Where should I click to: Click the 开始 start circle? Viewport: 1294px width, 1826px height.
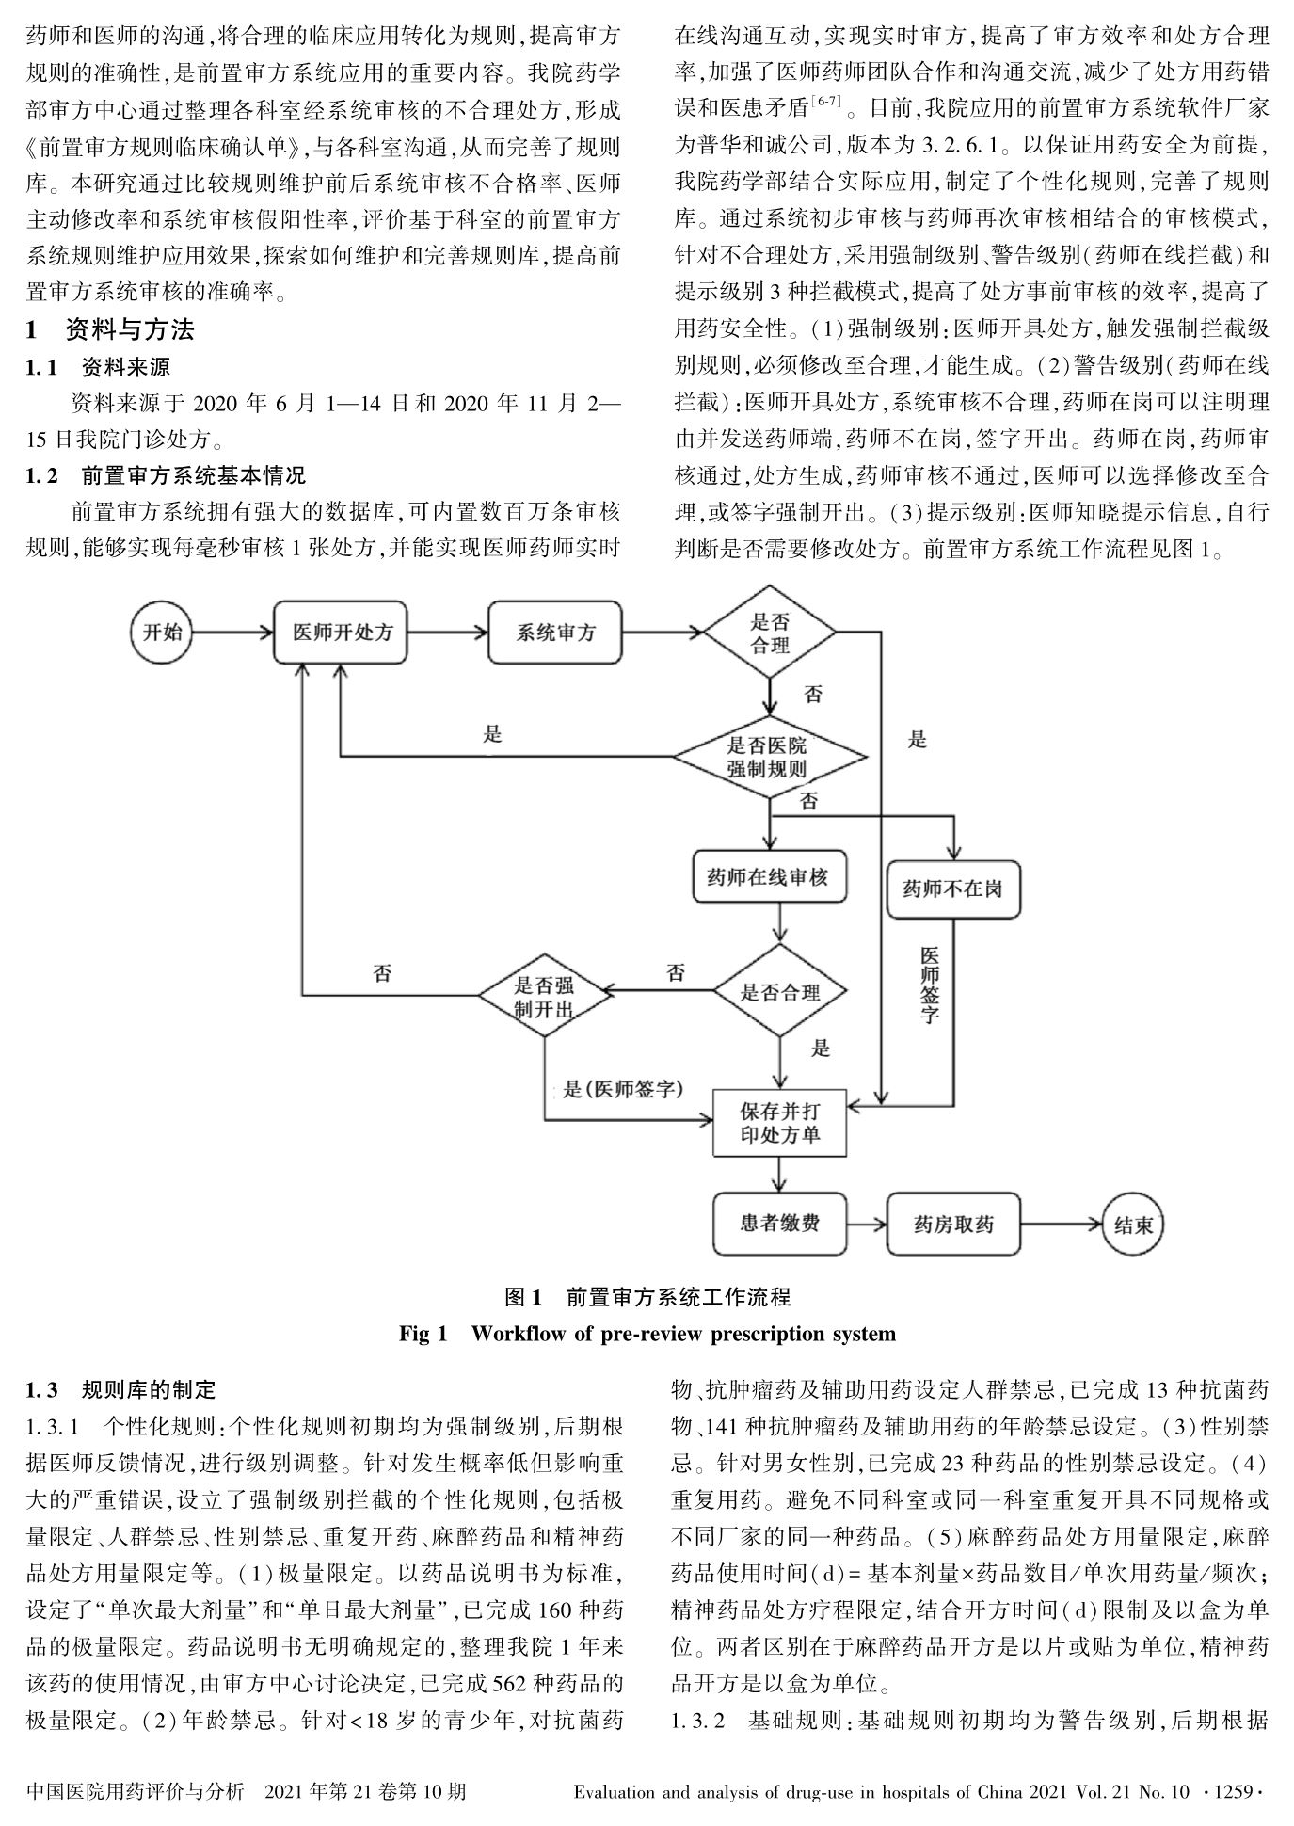162,632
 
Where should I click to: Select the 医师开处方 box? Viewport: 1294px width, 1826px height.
342,633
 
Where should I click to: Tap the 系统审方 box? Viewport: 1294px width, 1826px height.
555,633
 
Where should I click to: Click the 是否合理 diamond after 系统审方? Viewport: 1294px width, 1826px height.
770,633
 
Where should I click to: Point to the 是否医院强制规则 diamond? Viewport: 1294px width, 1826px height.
768,757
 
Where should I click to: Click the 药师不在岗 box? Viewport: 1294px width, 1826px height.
952,889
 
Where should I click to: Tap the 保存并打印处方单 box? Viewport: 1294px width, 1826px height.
780,1122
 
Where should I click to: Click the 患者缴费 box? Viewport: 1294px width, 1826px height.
779,1223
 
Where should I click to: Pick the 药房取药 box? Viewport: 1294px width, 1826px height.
953,1225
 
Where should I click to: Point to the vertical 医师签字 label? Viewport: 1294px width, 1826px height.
929,984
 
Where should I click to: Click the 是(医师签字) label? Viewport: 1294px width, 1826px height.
623,1090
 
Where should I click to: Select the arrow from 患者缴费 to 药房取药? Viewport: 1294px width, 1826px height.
867,1225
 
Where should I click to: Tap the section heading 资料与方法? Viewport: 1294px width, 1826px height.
129,329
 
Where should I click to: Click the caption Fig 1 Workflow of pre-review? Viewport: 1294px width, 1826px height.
647,1333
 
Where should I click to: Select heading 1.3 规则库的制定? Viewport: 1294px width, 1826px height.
121,1389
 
